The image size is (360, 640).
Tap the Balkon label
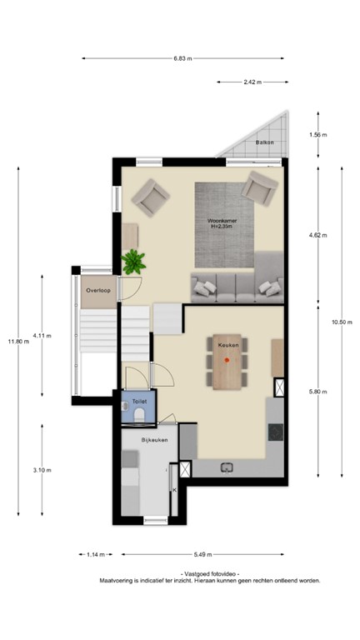click(265, 143)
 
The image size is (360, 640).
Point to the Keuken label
click(228, 343)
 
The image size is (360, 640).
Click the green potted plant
click(132, 262)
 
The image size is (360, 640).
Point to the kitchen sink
click(227, 468)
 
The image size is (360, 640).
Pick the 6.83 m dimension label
click(182, 58)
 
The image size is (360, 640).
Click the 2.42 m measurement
click(251, 82)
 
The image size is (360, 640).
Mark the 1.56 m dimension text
click(317, 135)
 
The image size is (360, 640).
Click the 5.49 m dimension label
click(202, 553)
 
